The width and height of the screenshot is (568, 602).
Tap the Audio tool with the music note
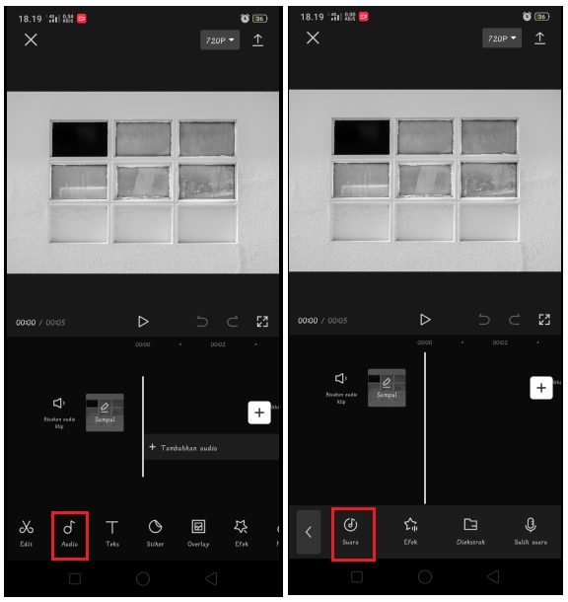(70, 532)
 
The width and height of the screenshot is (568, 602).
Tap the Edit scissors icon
(27, 532)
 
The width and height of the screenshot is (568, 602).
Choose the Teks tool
(112, 532)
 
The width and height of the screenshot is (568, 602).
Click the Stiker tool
(155, 532)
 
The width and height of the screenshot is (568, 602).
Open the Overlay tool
(198, 532)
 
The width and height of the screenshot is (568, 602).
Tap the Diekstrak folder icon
(470, 531)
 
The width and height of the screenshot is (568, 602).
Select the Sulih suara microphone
(531, 531)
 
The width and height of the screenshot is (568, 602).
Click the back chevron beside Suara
(309, 532)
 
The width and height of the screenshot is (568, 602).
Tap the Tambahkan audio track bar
(211, 447)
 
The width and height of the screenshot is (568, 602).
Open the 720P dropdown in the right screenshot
(501, 38)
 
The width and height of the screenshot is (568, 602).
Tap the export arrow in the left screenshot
(258, 39)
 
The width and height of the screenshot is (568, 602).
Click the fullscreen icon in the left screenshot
(262, 321)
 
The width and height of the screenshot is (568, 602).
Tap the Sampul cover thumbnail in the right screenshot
(387, 387)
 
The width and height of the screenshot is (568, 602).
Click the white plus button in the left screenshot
(258, 413)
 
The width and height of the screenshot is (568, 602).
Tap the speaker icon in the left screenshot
(59, 404)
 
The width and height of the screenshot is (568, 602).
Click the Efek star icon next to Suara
(411, 531)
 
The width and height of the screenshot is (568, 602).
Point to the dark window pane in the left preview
(80, 138)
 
